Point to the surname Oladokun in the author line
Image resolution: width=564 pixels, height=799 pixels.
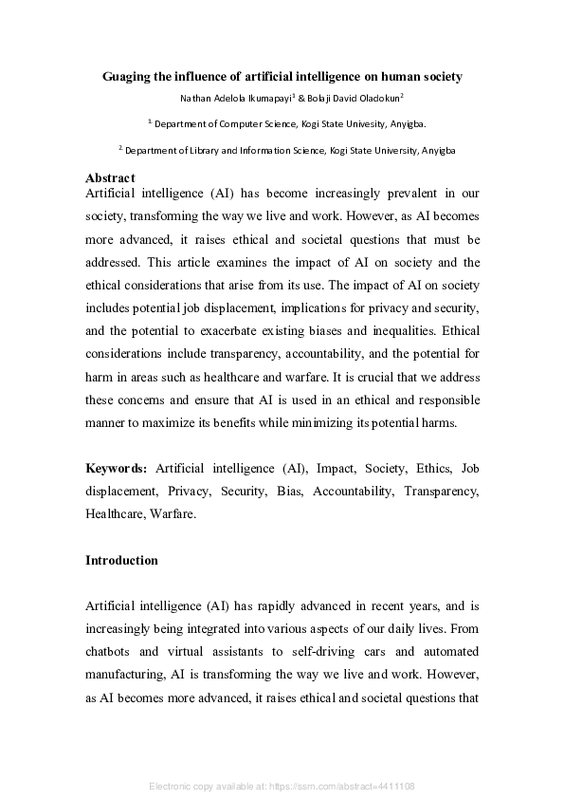tap(372, 98)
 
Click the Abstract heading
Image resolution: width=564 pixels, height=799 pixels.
tap(110, 177)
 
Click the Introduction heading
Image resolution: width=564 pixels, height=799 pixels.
tap(121, 560)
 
